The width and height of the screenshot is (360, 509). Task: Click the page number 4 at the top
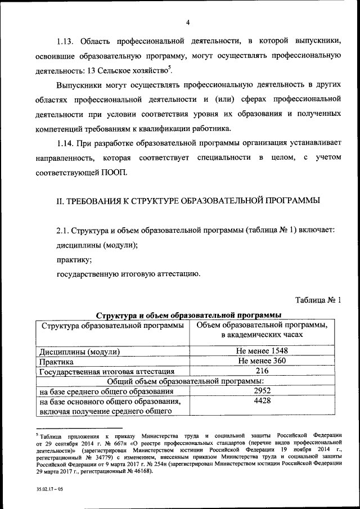(188, 22)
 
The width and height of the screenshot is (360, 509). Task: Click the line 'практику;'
(74, 260)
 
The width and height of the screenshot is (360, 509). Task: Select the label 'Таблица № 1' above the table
(318, 300)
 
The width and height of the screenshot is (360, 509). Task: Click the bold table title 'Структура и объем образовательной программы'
(188, 315)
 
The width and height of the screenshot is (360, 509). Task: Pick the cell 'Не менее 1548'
(262, 351)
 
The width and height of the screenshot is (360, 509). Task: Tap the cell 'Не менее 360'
(262, 361)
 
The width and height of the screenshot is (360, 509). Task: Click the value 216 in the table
(262, 371)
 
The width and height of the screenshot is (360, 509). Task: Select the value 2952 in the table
(262, 391)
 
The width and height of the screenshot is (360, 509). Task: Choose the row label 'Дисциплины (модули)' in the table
(79, 352)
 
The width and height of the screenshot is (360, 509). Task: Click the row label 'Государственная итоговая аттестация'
(107, 372)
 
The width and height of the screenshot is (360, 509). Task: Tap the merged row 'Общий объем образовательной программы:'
(188, 381)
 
